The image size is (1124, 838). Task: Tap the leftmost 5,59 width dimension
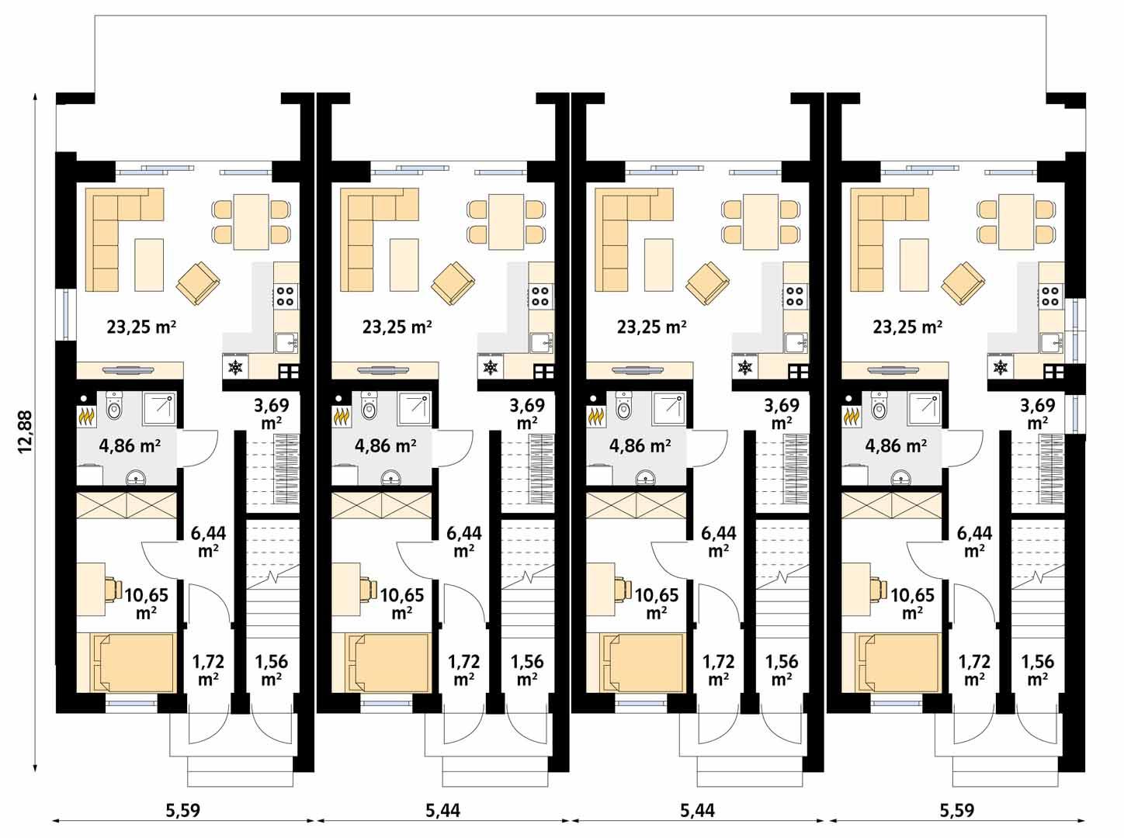[x=182, y=811]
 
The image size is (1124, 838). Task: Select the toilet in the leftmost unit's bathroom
[x=116, y=405]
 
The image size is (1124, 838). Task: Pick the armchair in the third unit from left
[x=708, y=282]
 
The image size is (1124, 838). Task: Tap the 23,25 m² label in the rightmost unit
[x=907, y=327]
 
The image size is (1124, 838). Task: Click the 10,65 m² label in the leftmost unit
[x=146, y=603]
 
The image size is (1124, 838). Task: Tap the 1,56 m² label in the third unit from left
[x=782, y=670]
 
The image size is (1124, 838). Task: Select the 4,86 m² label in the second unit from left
[x=385, y=445]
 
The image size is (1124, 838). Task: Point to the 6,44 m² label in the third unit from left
[x=719, y=542]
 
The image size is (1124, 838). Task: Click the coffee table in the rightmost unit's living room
[x=915, y=265]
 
